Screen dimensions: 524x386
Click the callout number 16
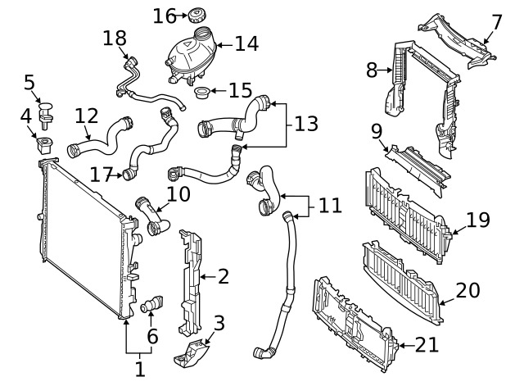click(165, 16)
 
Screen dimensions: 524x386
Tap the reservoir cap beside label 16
click(196, 16)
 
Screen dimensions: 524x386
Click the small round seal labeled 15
click(201, 93)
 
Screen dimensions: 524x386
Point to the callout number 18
click(115, 39)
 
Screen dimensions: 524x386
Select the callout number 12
click(87, 116)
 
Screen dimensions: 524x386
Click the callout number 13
click(306, 124)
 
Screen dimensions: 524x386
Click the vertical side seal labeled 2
click(191, 282)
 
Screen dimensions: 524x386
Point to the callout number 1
click(140, 370)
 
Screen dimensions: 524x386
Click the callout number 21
click(427, 345)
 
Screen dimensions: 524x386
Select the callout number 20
click(468, 290)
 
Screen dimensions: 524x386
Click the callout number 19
click(478, 220)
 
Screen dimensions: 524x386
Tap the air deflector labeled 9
click(418, 170)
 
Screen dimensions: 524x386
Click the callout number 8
click(372, 70)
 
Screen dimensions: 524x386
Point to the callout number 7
click(497, 22)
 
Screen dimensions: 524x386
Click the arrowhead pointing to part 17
click(120, 175)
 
